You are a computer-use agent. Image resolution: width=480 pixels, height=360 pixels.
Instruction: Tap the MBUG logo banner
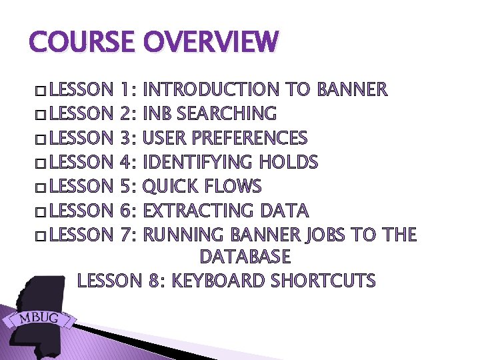point(39,318)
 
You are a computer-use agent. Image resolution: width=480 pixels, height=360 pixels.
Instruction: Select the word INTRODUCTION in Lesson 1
point(211,89)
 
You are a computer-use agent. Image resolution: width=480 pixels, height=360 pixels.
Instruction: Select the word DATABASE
point(245,257)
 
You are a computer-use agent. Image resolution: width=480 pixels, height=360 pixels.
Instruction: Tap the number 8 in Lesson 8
point(154,281)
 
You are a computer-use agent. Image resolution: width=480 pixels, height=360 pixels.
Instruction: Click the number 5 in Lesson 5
point(128,186)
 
